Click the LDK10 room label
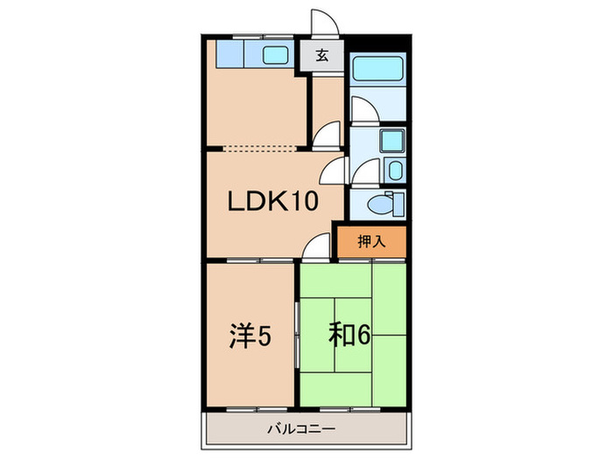[271, 202]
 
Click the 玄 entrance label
[321, 57]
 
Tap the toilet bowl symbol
[379, 205]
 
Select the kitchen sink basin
[278, 55]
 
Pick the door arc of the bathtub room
[361, 109]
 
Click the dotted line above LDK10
[263, 147]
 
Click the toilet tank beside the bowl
[398, 205]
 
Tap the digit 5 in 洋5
[263, 334]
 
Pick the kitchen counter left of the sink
[236, 55]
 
